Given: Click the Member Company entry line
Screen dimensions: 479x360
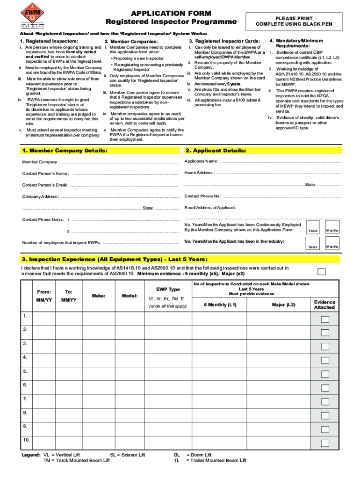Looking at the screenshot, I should (x=120, y=162).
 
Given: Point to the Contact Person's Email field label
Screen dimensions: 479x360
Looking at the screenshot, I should (x=45, y=185).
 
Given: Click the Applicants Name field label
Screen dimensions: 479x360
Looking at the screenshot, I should (x=202, y=161).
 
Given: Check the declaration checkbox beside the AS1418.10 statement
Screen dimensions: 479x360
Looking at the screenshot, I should (x=322, y=271).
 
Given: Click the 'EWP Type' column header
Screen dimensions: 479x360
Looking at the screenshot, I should (x=167, y=290).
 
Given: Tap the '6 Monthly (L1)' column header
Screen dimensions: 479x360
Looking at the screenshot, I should (x=220, y=305).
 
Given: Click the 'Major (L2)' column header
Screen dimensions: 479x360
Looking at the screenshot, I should (x=284, y=305).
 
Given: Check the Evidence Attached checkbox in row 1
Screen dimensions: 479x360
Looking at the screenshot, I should (x=324, y=319).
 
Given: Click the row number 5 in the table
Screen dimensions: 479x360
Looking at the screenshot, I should (x=25, y=371).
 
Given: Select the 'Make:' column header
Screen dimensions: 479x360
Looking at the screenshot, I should (x=99, y=296).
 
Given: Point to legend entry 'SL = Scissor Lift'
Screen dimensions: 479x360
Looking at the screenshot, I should (x=128, y=455).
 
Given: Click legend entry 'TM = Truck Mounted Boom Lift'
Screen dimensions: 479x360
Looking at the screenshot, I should (x=77, y=460).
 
